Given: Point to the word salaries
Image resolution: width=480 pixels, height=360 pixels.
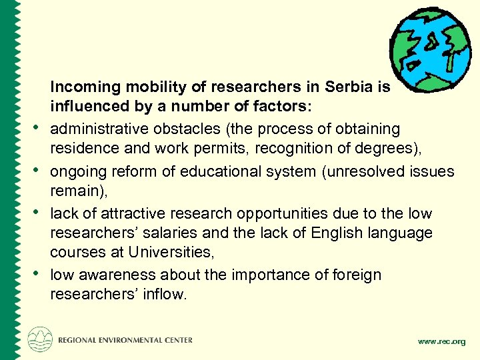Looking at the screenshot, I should (x=166, y=233).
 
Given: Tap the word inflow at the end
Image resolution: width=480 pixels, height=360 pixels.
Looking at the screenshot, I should (x=164, y=294).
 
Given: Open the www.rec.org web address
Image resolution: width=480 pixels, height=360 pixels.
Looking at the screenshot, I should (x=441, y=341).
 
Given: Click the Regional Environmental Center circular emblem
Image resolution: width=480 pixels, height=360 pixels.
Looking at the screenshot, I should (x=40, y=339).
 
